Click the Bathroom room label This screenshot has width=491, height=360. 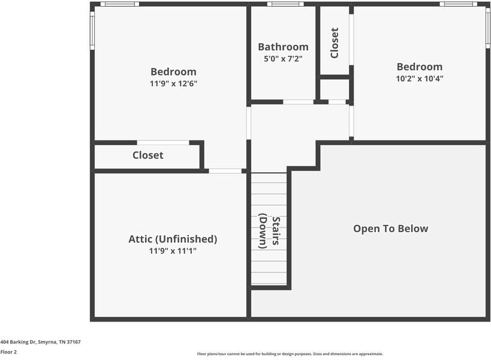click(x=283, y=47)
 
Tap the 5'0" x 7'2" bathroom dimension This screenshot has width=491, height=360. click(x=283, y=59)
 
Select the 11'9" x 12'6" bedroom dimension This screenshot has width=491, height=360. click(x=173, y=84)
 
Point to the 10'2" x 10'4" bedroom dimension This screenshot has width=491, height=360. click(x=419, y=79)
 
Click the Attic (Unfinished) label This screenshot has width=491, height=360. click(x=173, y=239)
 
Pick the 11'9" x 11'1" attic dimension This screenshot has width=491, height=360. click(x=173, y=251)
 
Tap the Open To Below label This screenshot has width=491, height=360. click(x=390, y=229)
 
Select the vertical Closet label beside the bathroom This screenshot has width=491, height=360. click(x=335, y=43)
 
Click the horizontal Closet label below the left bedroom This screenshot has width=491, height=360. click(x=147, y=155)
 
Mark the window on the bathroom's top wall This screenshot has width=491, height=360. click(x=285, y=4)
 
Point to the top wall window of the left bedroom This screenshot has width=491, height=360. click(x=119, y=4)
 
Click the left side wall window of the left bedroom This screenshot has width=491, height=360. click(x=92, y=30)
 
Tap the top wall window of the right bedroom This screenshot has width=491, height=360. click(x=458, y=4)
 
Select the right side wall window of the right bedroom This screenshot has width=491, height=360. click(x=488, y=28)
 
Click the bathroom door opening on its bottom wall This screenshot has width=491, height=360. click(x=298, y=102)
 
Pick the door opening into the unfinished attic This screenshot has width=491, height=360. click(x=225, y=171)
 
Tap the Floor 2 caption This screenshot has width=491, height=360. click(x=8, y=352)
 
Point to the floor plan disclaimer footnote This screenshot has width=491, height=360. click(x=290, y=354)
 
